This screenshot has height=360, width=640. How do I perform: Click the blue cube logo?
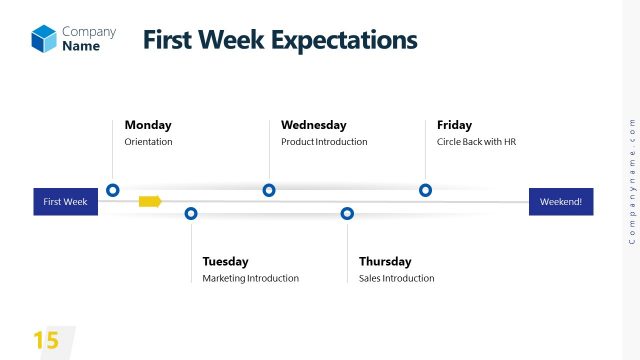pos(44,38)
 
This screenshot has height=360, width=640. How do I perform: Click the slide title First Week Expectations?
pos(279,40)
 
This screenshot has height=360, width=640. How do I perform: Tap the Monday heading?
pos(148,125)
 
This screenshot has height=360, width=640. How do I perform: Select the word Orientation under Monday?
pos(148,142)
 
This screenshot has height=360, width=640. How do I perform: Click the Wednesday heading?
pos(313,125)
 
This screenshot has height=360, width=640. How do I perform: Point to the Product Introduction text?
pos(324,142)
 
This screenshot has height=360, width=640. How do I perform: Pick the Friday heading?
pos(454,125)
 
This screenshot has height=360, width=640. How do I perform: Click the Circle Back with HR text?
pos(476,142)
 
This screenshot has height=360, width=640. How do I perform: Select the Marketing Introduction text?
pos(250,278)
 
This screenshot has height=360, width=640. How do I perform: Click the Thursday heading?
pos(384,261)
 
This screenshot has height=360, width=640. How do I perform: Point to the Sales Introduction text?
pos(396,278)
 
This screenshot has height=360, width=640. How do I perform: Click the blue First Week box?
pos(66,202)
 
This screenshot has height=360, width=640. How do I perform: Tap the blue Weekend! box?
pos(561,202)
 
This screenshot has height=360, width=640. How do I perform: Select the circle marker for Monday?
pos(113,190)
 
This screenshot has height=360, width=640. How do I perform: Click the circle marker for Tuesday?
pos(191,213)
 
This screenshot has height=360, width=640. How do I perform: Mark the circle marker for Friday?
pos(425,190)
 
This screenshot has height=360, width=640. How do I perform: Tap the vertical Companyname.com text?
pos(631,181)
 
